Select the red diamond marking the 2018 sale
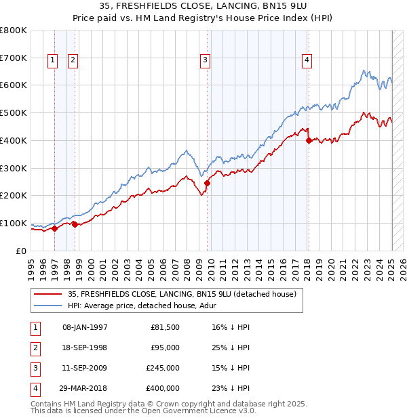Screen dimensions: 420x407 click(309, 141)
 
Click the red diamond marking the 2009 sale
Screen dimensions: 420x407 click(208, 183)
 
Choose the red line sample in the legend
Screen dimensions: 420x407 click(47, 295)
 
